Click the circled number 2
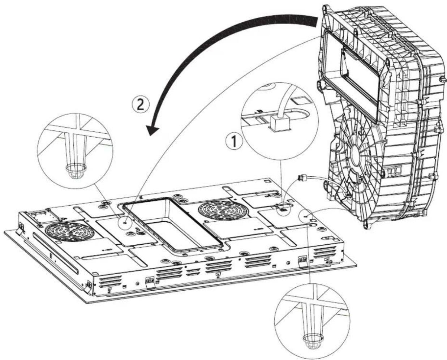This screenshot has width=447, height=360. tap(141, 105)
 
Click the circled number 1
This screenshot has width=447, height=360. tap(235, 141)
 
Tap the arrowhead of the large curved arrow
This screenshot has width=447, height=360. tap(152, 130)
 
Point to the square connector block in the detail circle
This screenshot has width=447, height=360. tap(280, 123)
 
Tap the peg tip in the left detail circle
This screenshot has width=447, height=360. tap(76, 172)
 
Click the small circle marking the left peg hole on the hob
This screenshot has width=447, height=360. tap(125, 222)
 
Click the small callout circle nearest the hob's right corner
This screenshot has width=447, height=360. tap(306, 217)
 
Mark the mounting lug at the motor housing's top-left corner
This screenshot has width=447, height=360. tap(325, 9)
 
